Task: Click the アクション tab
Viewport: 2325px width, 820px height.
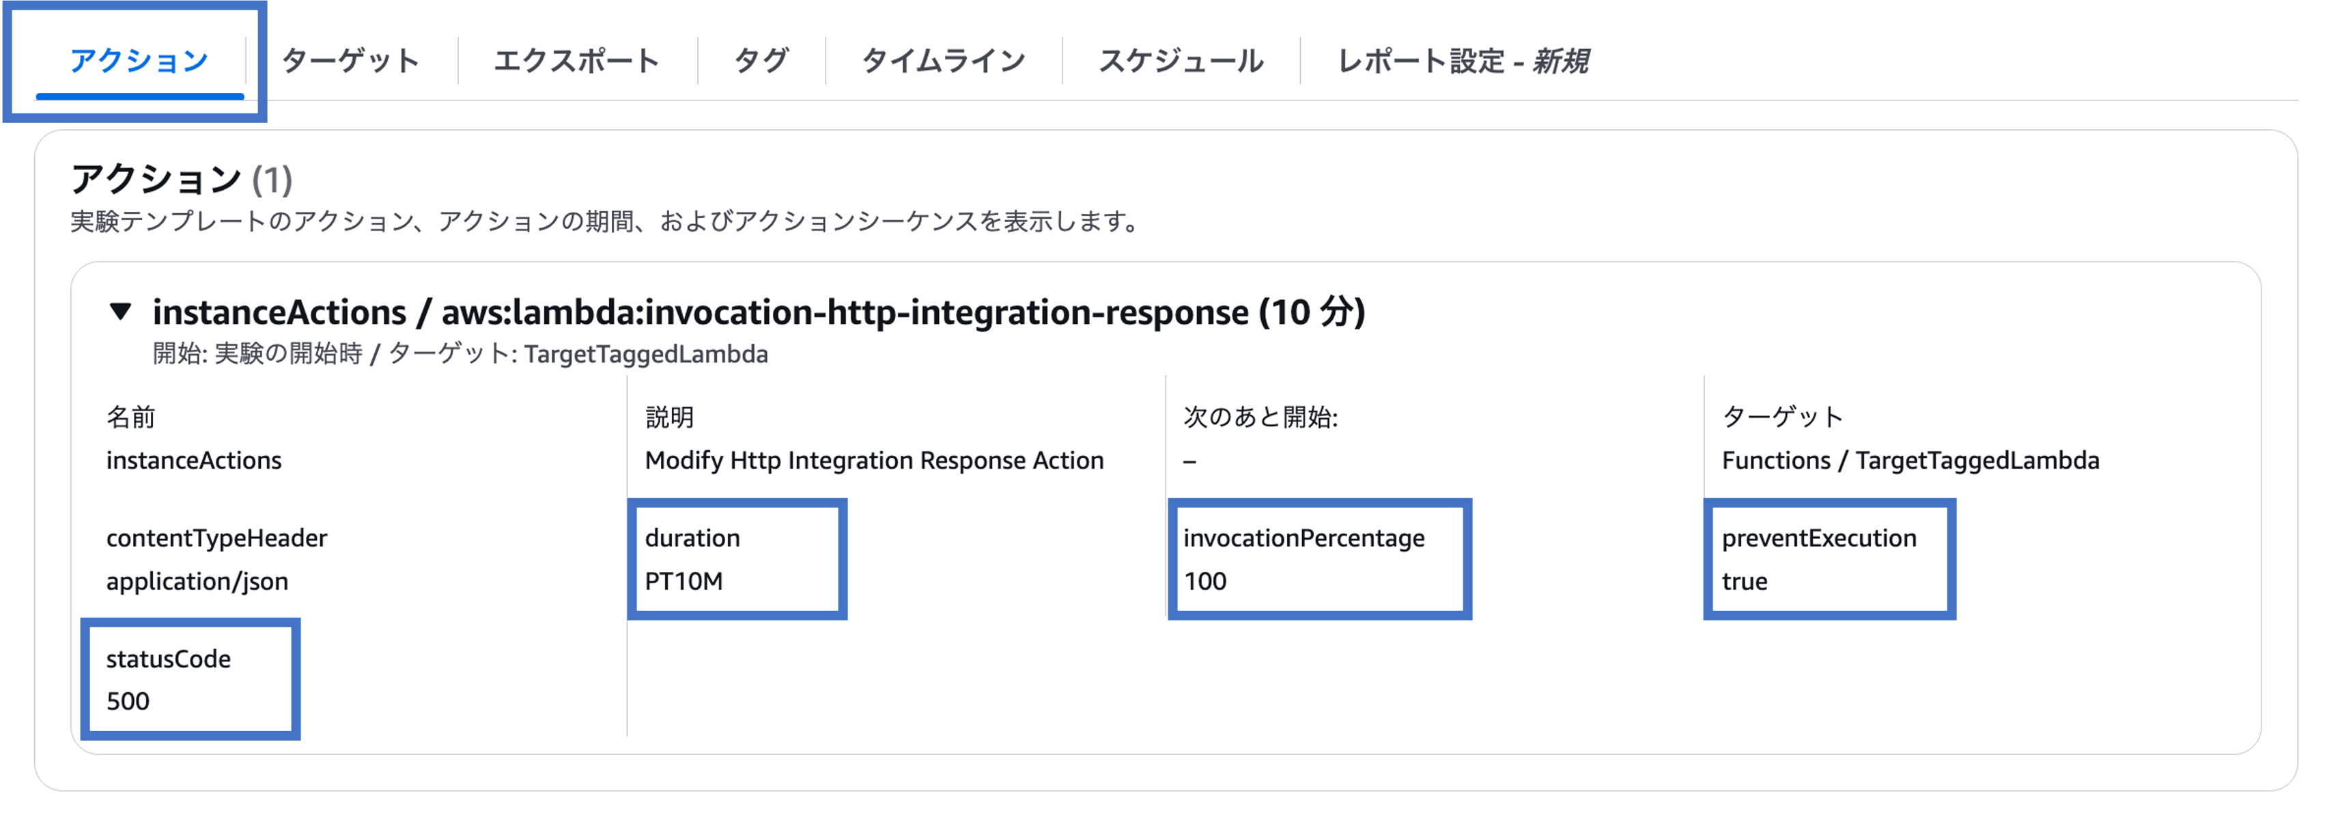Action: (x=139, y=61)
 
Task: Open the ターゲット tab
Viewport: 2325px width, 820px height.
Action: (x=350, y=61)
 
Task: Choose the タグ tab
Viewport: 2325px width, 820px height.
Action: (x=761, y=61)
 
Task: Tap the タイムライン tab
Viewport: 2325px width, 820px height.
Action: (x=943, y=61)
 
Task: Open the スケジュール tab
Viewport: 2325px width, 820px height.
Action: (x=1181, y=61)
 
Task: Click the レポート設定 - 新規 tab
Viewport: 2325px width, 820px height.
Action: (x=1462, y=61)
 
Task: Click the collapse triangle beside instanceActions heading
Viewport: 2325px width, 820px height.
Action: (x=120, y=312)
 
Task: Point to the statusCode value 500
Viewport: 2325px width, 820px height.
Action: (x=128, y=701)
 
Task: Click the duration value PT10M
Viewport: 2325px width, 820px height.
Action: (x=684, y=581)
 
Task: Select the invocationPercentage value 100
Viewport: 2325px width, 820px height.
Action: (x=1205, y=581)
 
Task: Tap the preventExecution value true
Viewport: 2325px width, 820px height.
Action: (x=1744, y=581)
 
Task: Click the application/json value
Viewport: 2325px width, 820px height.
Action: (x=197, y=581)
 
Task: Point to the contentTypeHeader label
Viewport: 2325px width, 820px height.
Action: (x=216, y=538)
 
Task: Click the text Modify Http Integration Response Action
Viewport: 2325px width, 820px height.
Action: (x=874, y=461)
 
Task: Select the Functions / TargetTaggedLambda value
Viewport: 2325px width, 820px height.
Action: (x=1910, y=461)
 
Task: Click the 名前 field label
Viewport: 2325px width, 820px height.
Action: (x=131, y=418)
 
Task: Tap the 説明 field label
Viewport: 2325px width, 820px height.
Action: (x=668, y=418)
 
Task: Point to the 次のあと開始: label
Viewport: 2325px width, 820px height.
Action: (x=1260, y=418)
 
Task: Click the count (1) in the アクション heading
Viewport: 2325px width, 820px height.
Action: (x=272, y=180)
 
